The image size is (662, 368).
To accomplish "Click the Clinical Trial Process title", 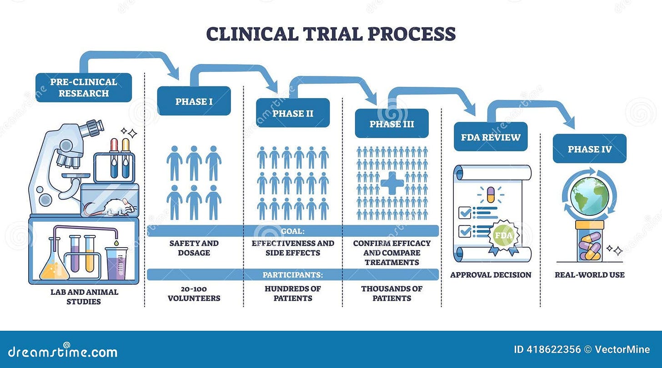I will pyautogui.click(x=331, y=34).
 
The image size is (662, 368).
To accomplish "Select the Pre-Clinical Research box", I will pyautogui.click(x=84, y=88).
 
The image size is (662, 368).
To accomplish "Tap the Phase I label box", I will pyautogui.click(x=194, y=101).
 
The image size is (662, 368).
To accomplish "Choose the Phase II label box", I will pyautogui.click(x=293, y=113).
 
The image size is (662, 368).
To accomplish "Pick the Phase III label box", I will pyautogui.click(x=391, y=124).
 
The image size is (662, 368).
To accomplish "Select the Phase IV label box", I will pyautogui.click(x=589, y=149).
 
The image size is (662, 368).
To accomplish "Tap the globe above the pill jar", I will pyautogui.click(x=589, y=196).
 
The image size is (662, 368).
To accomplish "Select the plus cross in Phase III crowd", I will pyautogui.click(x=392, y=183).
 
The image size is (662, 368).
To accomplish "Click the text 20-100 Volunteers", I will pyautogui.click(x=194, y=293).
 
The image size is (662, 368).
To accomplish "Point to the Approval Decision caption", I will pyautogui.click(x=491, y=275).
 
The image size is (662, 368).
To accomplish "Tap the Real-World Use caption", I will pyautogui.click(x=589, y=275).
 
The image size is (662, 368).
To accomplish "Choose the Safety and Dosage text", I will pyautogui.click(x=194, y=248).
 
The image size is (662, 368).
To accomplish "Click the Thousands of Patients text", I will pyautogui.click(x=391, y=293).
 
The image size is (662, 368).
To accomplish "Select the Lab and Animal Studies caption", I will pyautogui.click(x=84, y=297).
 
